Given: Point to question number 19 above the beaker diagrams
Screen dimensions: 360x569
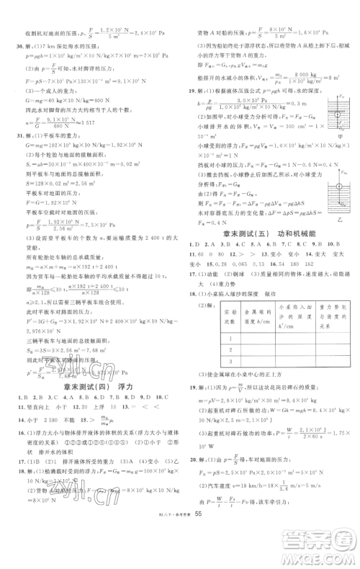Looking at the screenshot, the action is (x=189, y=93).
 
